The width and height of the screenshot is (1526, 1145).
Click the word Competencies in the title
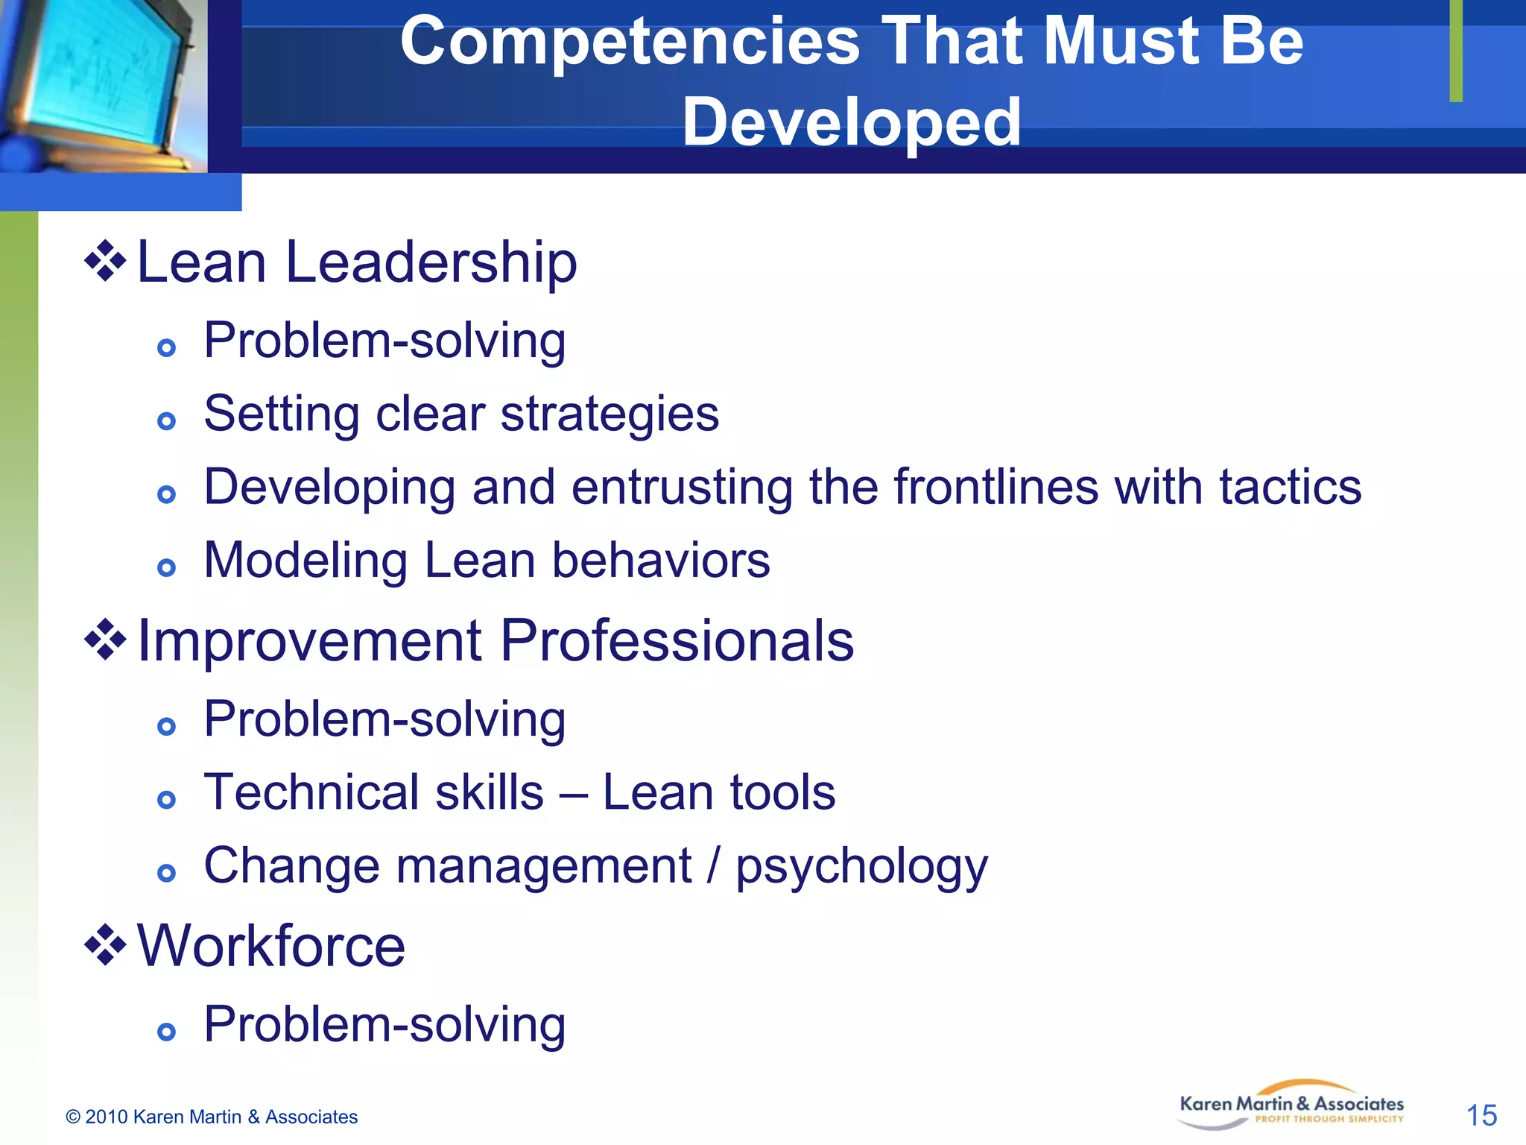(x=630, y=43)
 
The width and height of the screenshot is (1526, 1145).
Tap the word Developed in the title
(x=851, y=122)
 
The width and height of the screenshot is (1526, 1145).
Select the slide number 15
(x=1481, y=1115)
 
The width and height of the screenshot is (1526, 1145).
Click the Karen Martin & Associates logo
(x=1291, y=1105)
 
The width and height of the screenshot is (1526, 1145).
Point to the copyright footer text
(x=212, y=1117)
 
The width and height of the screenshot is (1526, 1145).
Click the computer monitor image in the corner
(x=101, y=82)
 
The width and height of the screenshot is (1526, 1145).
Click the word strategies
(x=610, y=414)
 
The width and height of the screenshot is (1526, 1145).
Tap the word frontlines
(x=996, y=488)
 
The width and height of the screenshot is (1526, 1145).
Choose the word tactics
(x=1290, y=488)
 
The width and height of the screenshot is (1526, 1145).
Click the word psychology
(x=861, y=868)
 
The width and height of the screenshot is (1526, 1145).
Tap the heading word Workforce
(x=271, y=947)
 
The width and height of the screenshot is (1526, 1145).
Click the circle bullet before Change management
(x=166, y=873)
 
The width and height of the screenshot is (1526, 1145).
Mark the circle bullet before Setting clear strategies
(x=166, y=421)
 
